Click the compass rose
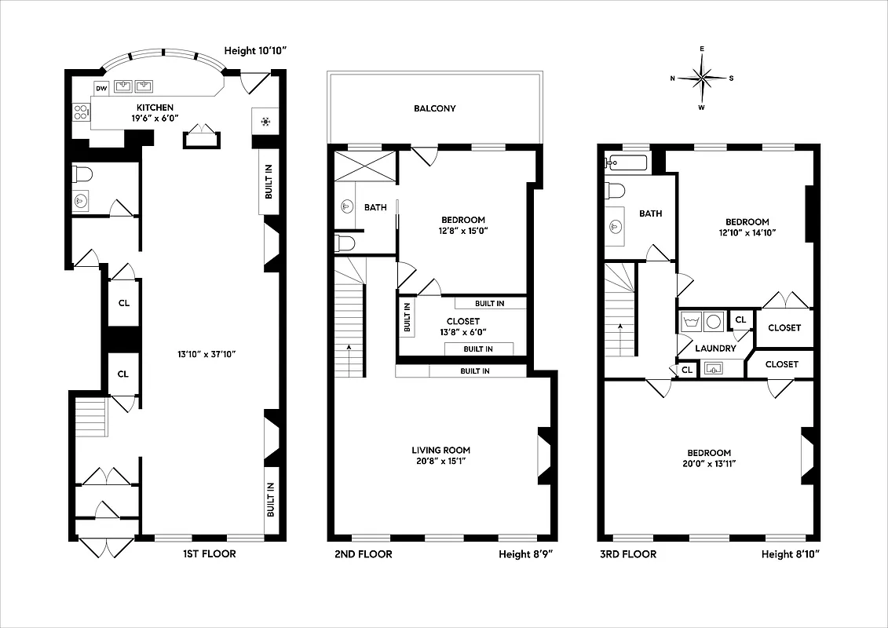click(703, 77)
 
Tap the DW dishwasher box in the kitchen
click(101, 88)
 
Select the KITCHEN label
click(155, 108)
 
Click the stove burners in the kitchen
click(80, 112)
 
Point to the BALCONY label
click(435, 108)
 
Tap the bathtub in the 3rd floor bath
click(626, 163)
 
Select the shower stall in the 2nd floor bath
click(365, 166)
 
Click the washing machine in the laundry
click(692, 321)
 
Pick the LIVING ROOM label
click(441, 451)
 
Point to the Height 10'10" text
click(256, 51)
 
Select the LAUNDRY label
click(715, 349)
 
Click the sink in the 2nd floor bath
click(347, 207)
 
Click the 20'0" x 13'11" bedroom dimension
click(709, 463)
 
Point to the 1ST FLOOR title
click(209, 554)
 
